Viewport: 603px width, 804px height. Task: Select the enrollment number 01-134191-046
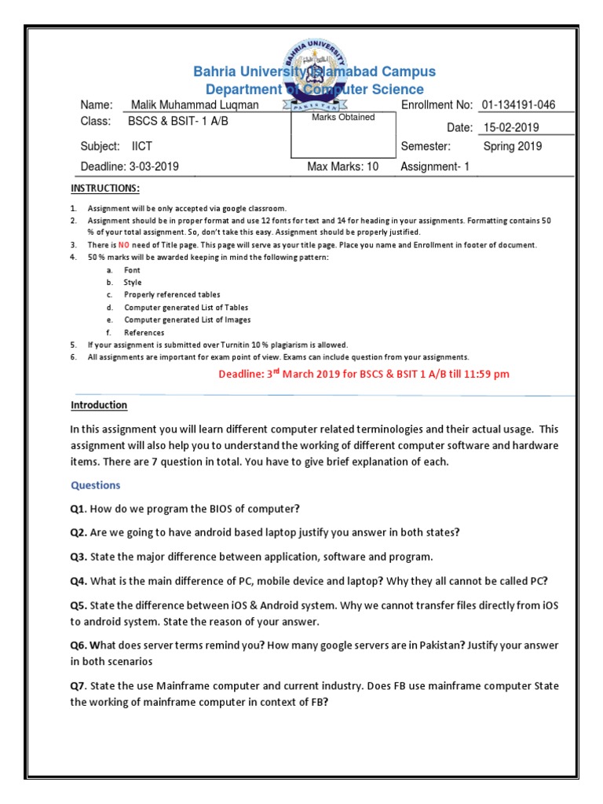point(524,105)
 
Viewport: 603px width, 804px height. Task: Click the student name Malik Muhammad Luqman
point(194,105)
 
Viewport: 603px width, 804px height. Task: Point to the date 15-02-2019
point(511,127)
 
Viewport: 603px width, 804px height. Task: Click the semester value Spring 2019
point(513,146)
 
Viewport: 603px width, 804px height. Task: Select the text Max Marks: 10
point(343,166)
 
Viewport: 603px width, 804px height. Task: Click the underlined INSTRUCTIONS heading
point(105,188)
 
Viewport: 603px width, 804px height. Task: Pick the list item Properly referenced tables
point(171,294)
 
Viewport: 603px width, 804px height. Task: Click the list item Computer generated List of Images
point(187,320)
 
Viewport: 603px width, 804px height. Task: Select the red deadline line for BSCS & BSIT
point(364,374)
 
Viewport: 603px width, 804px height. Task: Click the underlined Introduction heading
point(99,405)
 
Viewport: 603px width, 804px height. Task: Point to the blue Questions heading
point(96,485)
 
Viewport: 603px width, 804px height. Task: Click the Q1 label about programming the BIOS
point(78,509)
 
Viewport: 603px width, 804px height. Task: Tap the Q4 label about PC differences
point(79,581)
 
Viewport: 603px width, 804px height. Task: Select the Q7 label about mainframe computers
point(78,686)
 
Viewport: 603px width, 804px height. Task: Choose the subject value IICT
point(143,146)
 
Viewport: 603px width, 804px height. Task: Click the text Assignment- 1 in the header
point(435,166)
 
